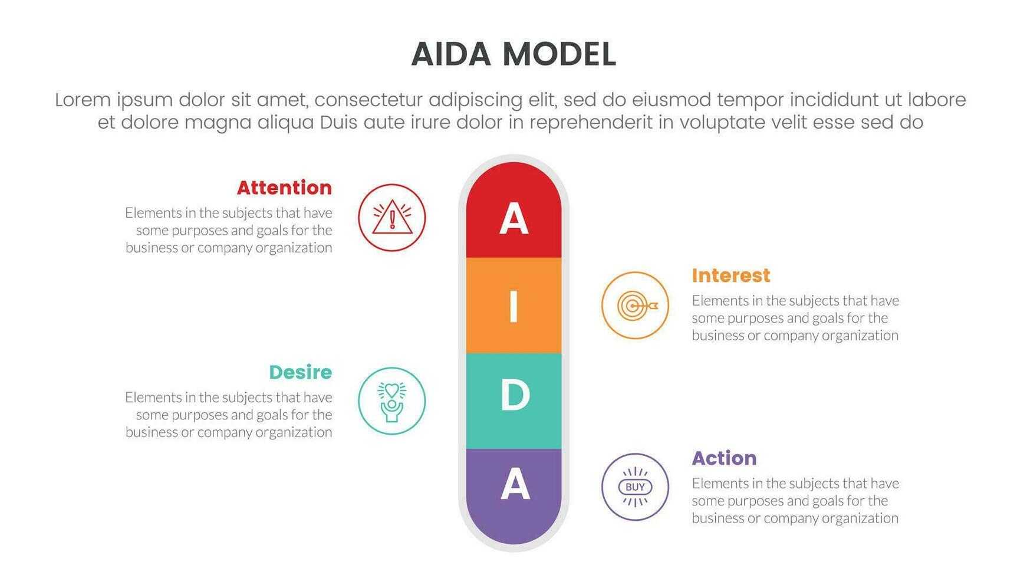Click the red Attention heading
click(284, 188)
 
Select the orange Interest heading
click(731, 275)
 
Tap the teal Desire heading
click(301, 372)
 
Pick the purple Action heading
click(724, 458)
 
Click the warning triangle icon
click(392, 218)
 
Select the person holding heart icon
click(392, 402)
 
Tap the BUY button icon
click(635, 487)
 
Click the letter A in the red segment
click(513, 219)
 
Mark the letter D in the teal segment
click(515, 395)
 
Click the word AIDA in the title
click(451, 54)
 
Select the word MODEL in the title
click(559, 54)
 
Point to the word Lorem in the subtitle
click(83, 100)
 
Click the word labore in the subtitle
click(937, 100)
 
